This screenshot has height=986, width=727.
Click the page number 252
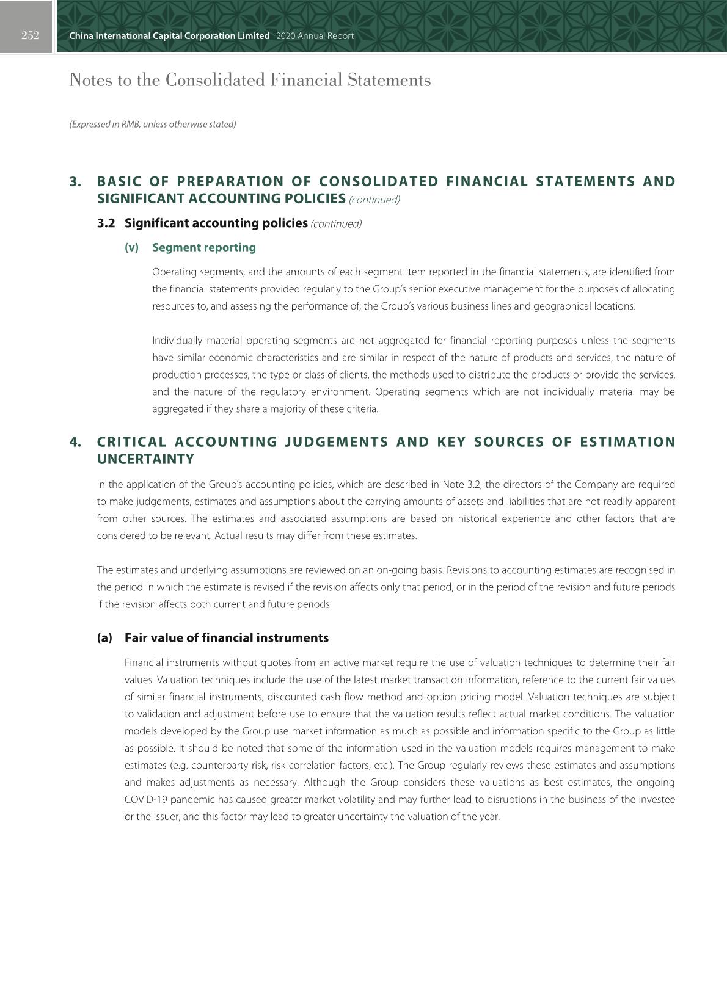30,35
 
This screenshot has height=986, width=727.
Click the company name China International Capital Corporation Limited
169,36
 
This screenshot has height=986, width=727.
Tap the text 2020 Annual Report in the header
315,36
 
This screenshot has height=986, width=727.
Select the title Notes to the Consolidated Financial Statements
250,81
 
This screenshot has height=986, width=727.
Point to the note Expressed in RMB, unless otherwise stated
152,125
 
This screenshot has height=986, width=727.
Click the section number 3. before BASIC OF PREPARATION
75,182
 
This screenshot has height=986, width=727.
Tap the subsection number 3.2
106,223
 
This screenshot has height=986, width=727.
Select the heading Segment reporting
204,248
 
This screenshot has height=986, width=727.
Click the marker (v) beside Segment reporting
131,248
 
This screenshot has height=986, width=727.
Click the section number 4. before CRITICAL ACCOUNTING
75,442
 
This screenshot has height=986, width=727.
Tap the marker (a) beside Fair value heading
104,638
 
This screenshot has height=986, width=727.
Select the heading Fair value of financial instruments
227,638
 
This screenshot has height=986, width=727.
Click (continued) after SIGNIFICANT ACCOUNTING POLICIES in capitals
374,200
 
